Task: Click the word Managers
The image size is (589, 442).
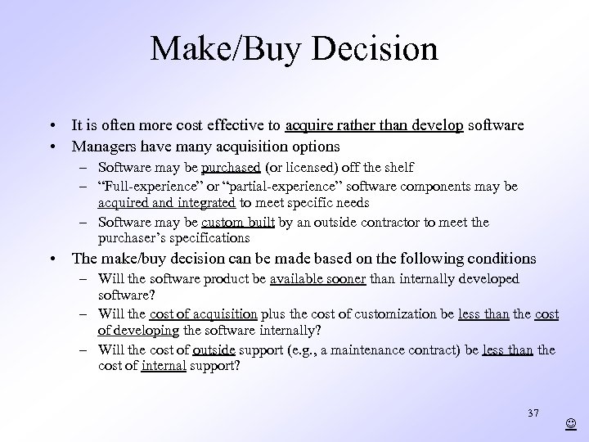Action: [102, 146]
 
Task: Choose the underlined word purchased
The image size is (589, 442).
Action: [232, 168]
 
